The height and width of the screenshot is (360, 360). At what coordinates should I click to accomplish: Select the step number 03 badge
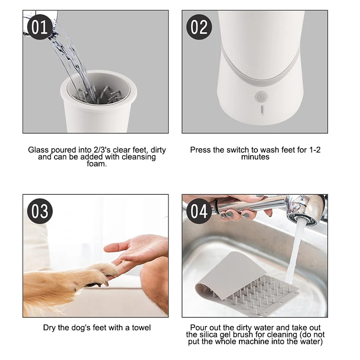pos(40,211)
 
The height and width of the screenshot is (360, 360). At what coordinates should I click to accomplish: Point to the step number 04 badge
pos(198,211)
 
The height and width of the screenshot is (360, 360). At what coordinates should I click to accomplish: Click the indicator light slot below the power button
pos(262,111)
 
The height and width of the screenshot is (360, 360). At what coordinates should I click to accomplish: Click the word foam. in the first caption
pos(97,164)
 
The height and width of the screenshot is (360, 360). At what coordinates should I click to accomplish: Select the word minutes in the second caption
pos(255,157)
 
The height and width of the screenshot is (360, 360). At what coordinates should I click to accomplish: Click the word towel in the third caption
pos(141,328)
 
